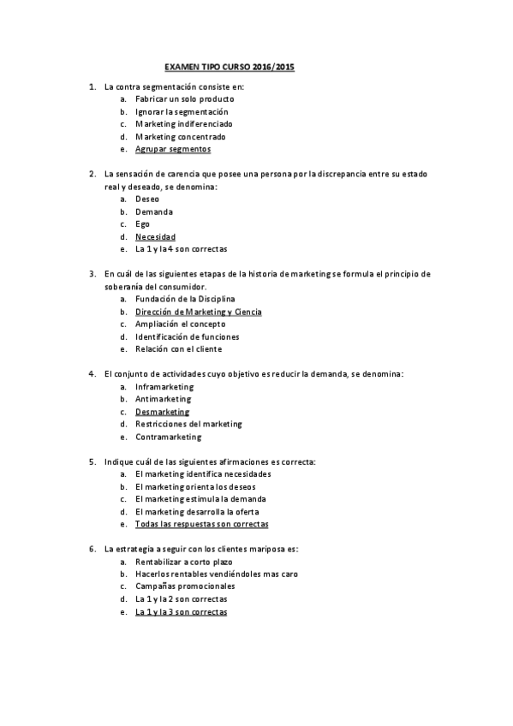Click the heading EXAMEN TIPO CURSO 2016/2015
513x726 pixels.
pos(229,66)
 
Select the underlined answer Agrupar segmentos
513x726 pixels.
pos(172,149)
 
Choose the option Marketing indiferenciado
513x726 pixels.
pos(183,124)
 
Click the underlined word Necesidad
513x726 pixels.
pos(155,236)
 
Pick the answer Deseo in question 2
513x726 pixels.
pos(147,199)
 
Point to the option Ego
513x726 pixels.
pos(142,223)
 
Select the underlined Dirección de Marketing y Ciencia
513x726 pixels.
pos(198,312)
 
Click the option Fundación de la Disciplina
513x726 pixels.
pos(185,299)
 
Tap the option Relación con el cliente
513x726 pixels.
pos(178,348)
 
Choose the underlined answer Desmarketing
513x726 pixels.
pos(162,411)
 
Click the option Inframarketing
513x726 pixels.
pos(164,386)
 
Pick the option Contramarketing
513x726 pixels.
pos(168,437)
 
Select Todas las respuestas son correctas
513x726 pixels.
pos(201,523)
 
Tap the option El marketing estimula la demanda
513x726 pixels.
pos(200,498)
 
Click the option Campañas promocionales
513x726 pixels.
pos(185,586)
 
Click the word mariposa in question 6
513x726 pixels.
pos(262,549)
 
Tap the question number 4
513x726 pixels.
pos(92,374)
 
